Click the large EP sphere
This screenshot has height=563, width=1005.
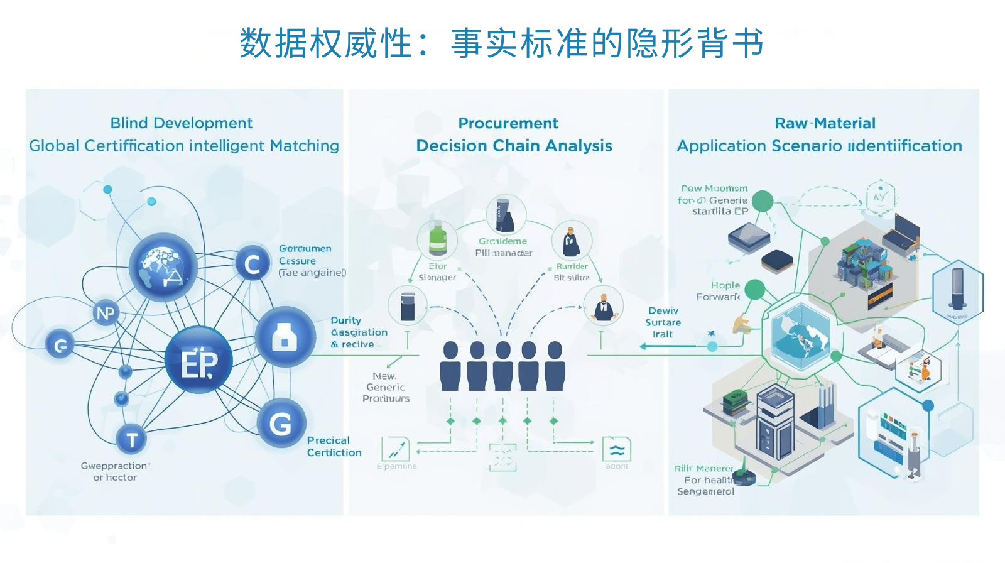[x=198, y=361]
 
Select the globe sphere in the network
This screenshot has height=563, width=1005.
[x=163, y=267]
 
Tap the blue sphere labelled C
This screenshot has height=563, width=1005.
[x=253, y=264]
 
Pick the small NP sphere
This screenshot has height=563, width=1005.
[x=106, y=313]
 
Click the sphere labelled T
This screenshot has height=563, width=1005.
[x=132, y=439]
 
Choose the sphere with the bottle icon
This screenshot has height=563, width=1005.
[x=285, y=337]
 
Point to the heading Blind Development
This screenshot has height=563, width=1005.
[x=181, y=123]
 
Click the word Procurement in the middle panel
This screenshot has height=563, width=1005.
[x=508, y=123]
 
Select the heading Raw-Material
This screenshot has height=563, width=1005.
[x=825, y=123]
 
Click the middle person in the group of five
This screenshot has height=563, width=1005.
[x=503, y=366]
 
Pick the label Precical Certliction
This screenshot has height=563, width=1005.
[x=334, y=446]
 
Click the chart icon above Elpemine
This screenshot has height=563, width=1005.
[x=396, y=449]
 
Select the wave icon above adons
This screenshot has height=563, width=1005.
[x=617, y=449]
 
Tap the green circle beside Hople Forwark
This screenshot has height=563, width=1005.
[x=754, y=290]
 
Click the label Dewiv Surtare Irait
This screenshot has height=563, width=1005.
[x=663, y=322]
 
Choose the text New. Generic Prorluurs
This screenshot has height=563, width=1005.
[x=386, y=387]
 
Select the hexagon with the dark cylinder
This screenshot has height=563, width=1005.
[x=957, y=290]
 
